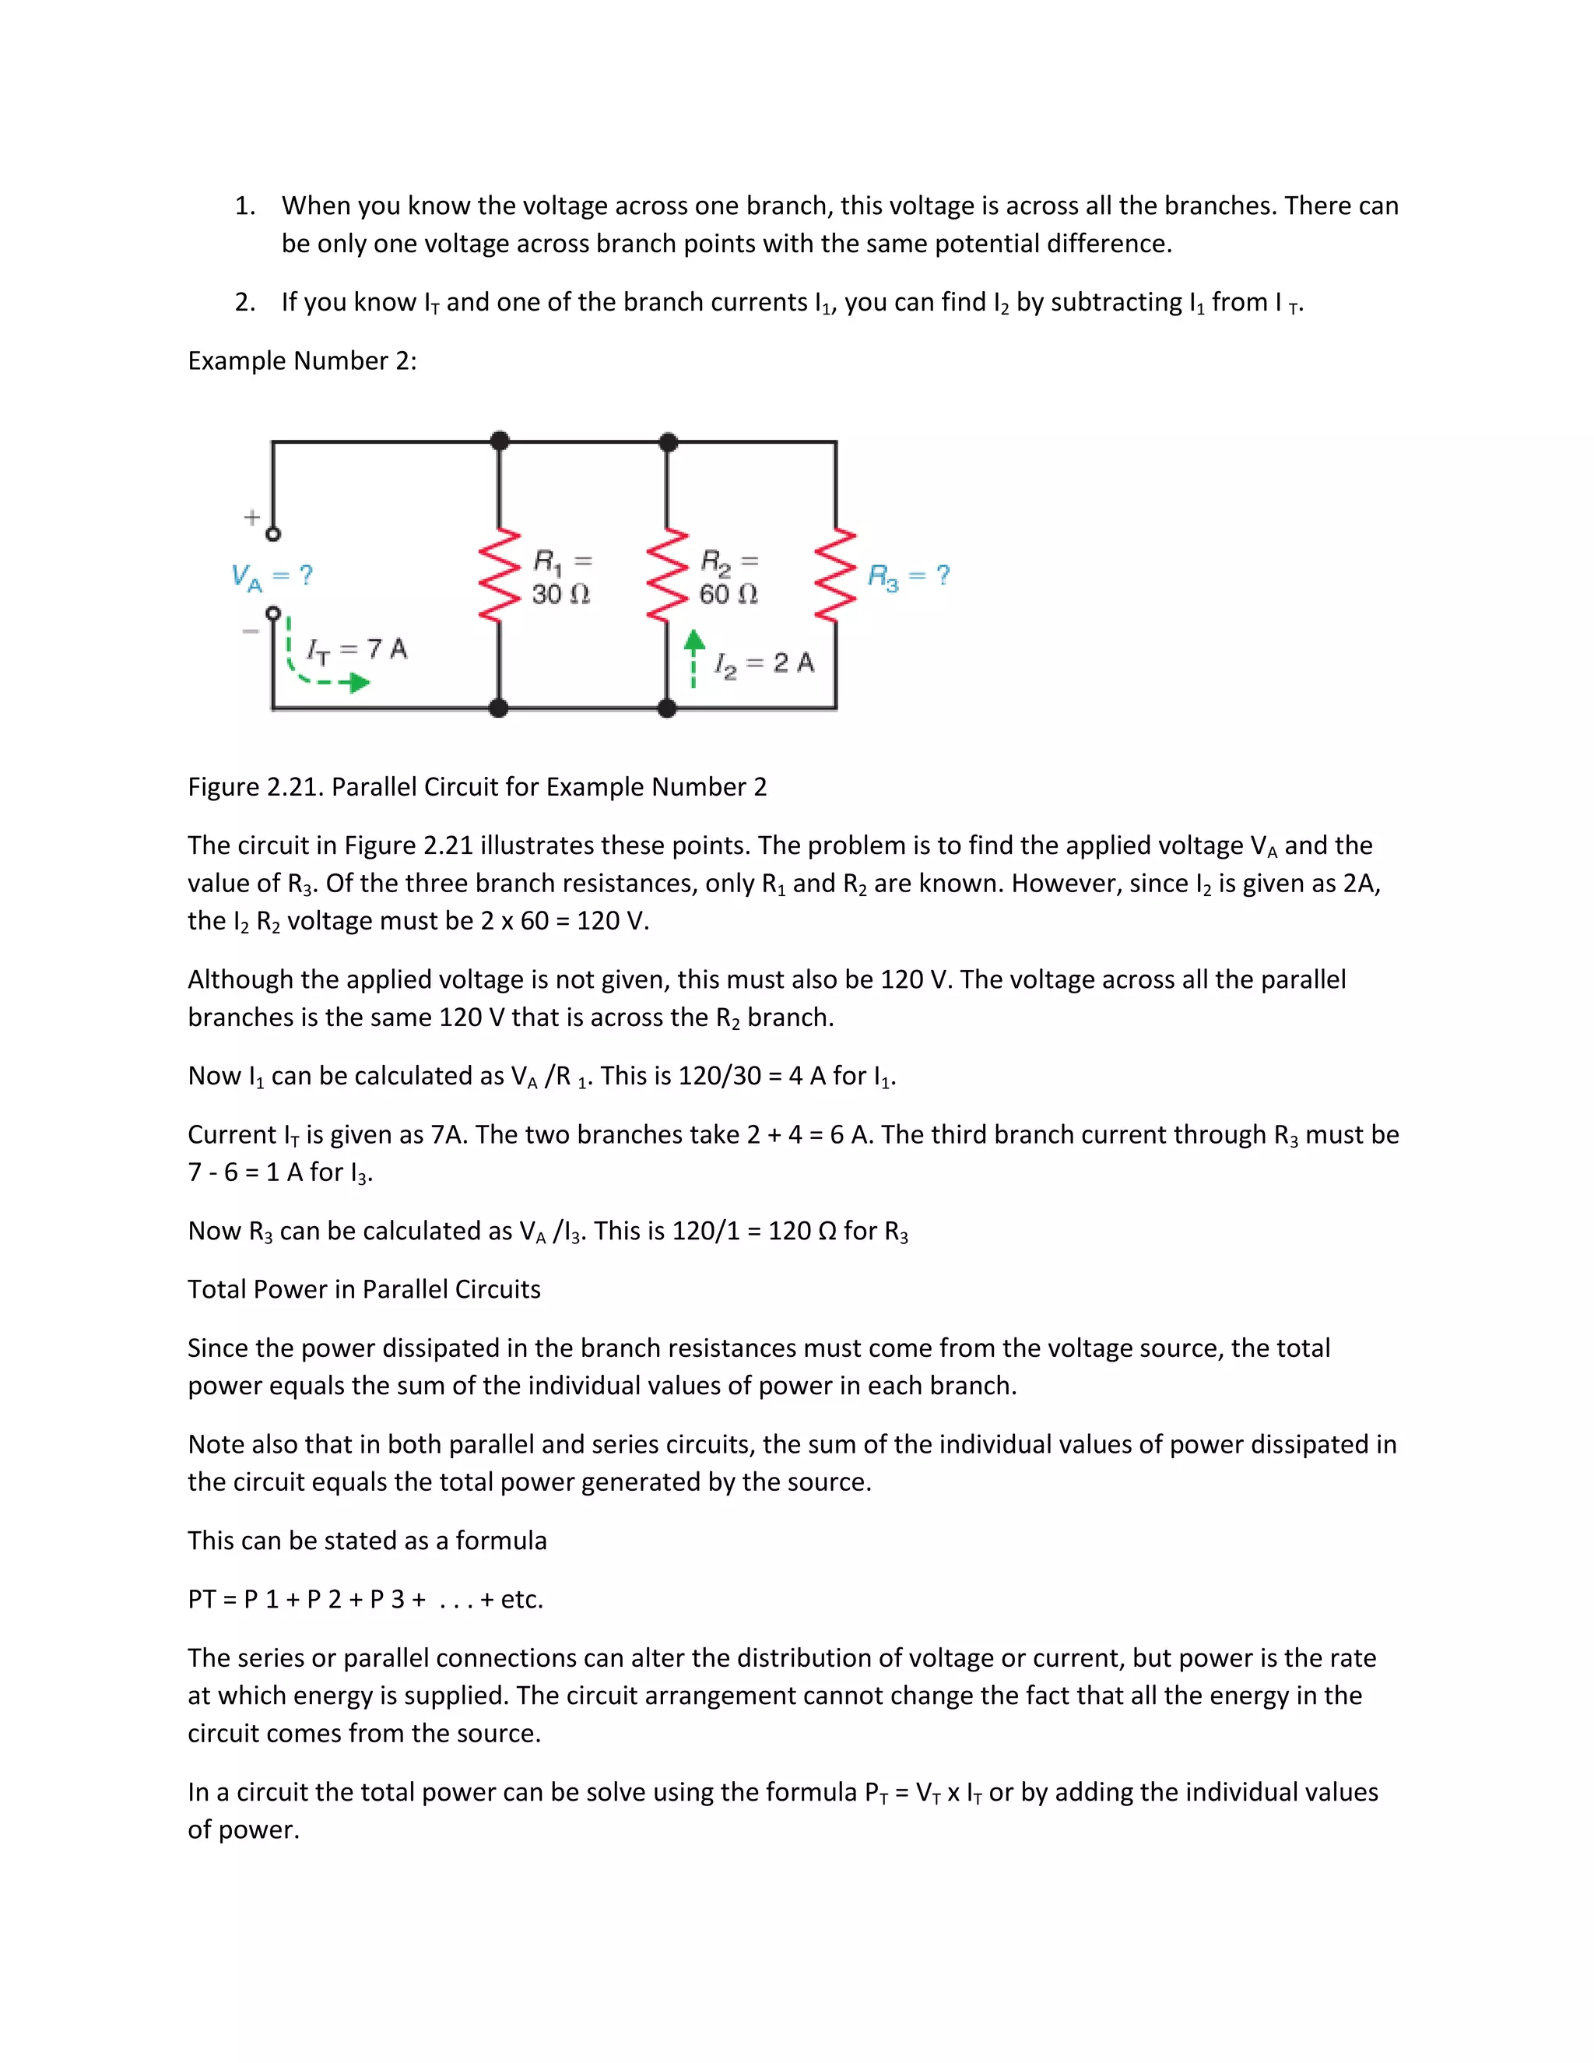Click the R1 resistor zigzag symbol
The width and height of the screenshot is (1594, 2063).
click(500, 575)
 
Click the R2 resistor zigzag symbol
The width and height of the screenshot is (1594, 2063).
click(668, 575)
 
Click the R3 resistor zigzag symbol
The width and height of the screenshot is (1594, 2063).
click(836, 575)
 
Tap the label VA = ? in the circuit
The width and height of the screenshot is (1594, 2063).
click(272, 575)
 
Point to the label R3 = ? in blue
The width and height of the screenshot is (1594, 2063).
click(908, 575)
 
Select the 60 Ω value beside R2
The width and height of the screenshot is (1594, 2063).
click(728, 594)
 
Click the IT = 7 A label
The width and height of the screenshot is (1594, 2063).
click(357, 649)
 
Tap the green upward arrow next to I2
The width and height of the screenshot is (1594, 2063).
click(694, 643)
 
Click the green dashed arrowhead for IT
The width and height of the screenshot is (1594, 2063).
click(359, 682)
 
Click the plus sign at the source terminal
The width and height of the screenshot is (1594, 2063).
click(251, 517)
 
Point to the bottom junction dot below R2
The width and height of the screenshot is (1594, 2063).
click(668, 708)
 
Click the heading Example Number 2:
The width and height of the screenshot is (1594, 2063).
click(302, 361)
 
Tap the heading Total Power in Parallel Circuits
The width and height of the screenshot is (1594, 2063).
click(363, 1289)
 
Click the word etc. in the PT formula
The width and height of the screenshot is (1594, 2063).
click(521, 1599)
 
